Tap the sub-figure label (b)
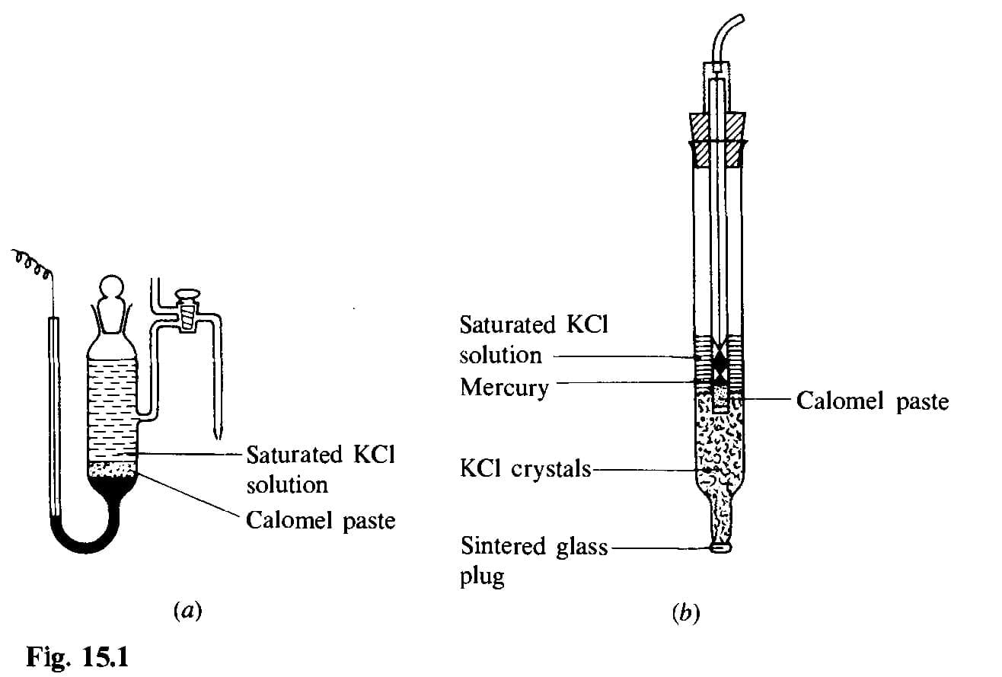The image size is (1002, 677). [x=684, y=612]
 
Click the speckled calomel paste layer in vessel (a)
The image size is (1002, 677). [x=113, y=469]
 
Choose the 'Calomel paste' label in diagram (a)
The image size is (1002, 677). [x=321, y=521]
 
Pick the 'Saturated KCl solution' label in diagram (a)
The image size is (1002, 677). [x=320, y=469]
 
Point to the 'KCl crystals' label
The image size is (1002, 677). [x=525, y=468]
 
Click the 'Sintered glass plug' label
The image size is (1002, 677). [x=534, y=560]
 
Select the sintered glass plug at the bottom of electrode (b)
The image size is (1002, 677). [x=720, y=546]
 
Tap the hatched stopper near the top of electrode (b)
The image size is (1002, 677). [x=716, y=141]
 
